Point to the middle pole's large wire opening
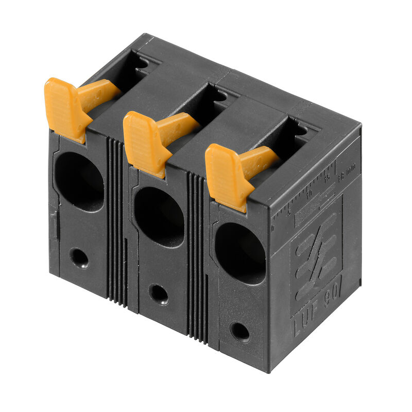[x=159, y=216]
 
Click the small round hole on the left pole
[x=79, y=257]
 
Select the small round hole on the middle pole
[x=158, y=294]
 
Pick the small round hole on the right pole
[x=239, y=331]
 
